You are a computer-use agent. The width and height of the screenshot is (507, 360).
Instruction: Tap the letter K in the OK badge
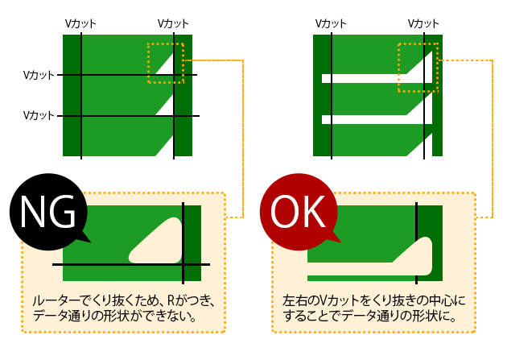coord(313,213)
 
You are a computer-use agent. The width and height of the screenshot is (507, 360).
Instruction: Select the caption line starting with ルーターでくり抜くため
coord(125,300)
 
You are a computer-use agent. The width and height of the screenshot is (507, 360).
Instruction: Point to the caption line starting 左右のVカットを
coord(374,300)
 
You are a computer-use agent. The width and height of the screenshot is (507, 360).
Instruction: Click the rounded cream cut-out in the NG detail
coord(158,246)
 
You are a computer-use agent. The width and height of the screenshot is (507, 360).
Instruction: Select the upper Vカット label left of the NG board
coord(39,75)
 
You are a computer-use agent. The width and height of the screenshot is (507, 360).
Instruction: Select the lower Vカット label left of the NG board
coord(39,115)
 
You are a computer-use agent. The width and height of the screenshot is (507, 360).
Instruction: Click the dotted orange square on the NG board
coord(166,63)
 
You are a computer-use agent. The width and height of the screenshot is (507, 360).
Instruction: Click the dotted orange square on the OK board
coord(418,67)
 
